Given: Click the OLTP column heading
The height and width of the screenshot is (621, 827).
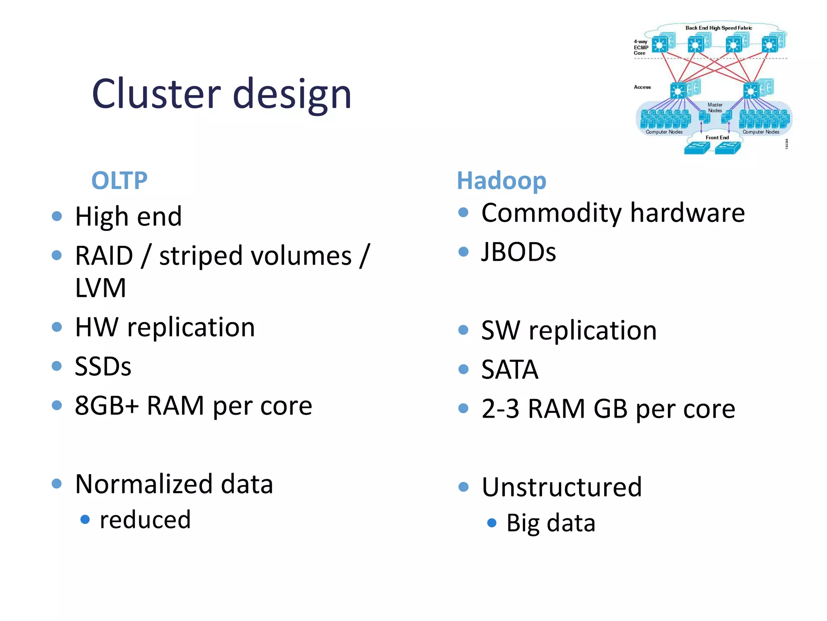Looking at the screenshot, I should point(119,180).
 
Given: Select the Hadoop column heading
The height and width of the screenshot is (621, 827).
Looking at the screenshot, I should point(501,180).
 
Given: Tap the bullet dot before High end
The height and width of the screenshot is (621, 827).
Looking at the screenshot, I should point(57,216).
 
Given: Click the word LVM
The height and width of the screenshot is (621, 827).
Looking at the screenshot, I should point(101,288).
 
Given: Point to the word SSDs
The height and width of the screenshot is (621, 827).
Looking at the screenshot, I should point(103,366).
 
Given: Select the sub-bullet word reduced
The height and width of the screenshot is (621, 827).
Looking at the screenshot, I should point(145,520).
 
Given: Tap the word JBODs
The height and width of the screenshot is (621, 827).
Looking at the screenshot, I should point(518,252).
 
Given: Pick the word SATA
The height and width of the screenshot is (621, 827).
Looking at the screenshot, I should point(510,369).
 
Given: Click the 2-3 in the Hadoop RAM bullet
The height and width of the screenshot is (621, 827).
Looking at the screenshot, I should point(500,409).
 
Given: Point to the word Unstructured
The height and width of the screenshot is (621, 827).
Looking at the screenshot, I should point(561,487).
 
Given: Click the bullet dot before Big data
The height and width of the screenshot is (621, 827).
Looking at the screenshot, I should point(491,523).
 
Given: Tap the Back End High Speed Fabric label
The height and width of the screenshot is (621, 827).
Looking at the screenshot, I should point(718,28).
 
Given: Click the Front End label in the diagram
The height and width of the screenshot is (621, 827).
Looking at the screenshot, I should point(717,137).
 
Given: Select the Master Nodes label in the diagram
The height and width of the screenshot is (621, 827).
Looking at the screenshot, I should point(715,108).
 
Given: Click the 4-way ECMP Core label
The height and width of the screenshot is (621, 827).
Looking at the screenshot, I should point(640,47).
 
